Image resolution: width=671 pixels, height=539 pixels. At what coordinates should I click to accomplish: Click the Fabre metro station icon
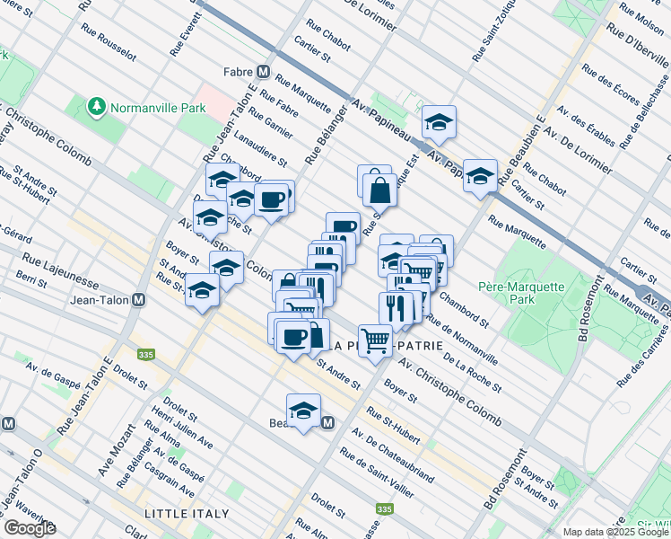[x=264, y=72]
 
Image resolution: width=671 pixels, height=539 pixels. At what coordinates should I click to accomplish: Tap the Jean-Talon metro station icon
[x=138, y=301]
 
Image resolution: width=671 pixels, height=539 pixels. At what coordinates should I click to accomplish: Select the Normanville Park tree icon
[x=96, y=108]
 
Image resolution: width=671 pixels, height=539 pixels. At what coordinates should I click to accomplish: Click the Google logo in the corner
[x=30, y=528]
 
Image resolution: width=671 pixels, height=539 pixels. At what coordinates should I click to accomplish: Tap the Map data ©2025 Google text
[x=614, y=532]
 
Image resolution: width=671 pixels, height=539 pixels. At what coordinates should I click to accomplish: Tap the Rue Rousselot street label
[x=108, y=42]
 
